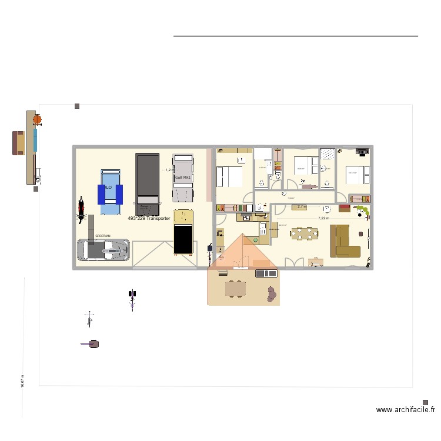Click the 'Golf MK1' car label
pyautogui.click(x=182, y=178)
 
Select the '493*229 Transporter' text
pyautogui.click(x=149, y=218)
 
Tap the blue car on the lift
pyautogui.click(x=110, y=191)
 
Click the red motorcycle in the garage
pyautogui.click(x=80, y=211)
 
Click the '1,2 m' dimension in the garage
pyautogui.click(x=169, y=170)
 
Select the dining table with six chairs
pyautogui.click(x=305, y=233)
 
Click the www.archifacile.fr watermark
pyautogui.click(x=406, y=410)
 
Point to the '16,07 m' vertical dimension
pyautogui.click(x=22, y=381)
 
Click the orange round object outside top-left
pyautogui.click(x=37, y=119)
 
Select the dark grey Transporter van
pyautogui.click(x=147, y=184)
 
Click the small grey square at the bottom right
pyautogui.click(x=425, y=403)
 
